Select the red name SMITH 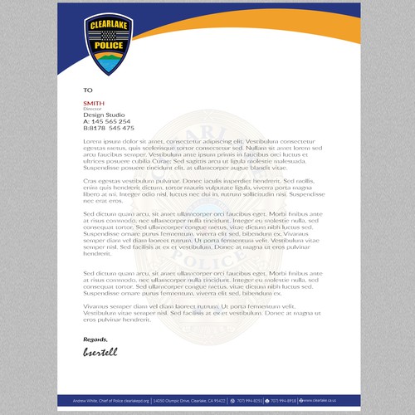click(94, 103)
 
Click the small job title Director click(91, 109)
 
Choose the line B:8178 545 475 click(109, 129)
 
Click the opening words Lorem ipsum click(101, 141)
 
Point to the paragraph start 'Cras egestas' click(104, 179)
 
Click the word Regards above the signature click(95, 339)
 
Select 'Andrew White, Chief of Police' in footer click(105, 400)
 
